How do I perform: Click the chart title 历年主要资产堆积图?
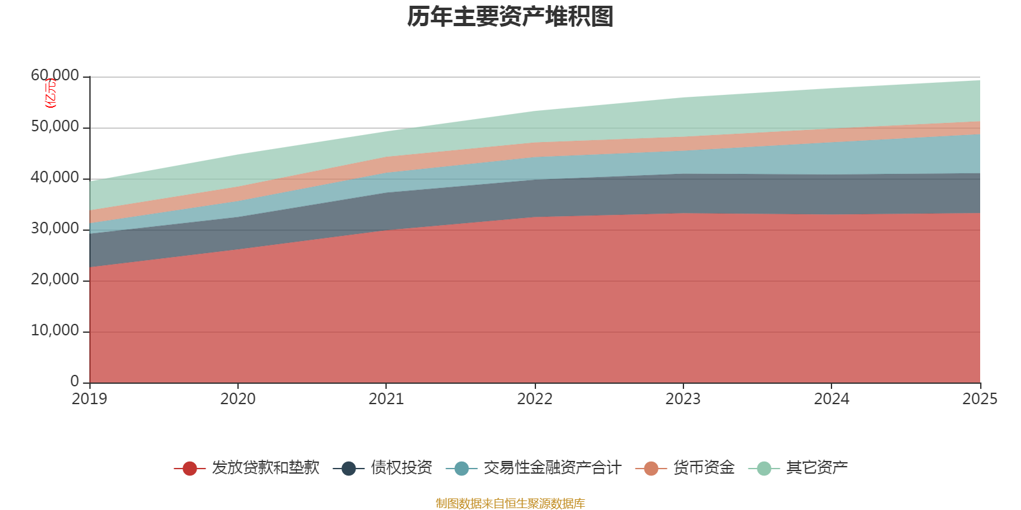[x=510, y=17]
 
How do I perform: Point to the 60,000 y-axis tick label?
[x=55, y=76]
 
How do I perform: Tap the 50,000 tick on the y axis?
[x=55, y=127]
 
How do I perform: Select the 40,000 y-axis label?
[x=55, y=178]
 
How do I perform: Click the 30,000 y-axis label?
[x=55, y=229]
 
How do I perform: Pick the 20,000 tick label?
[x=55, y=280]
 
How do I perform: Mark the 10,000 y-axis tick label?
[x=55, y=331]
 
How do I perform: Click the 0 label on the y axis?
[x=75, y=381]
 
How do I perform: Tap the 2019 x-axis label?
[x=89, y=399]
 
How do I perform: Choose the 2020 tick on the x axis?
[x=238, y=399]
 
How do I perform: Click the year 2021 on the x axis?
[x=386, y=399]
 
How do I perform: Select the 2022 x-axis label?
[x=535, y=399]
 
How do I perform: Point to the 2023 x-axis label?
[x=683, y=399]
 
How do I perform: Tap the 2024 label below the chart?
[x=831, y=399]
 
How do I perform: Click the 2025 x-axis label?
[x=980, y=399]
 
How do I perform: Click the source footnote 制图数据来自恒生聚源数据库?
[x=510, y=504]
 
